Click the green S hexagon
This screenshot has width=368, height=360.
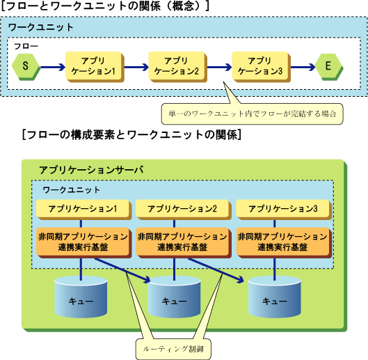[26, 67]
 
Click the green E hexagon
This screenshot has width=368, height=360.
[329, 67]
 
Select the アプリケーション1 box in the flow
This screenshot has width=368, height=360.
[95, 67]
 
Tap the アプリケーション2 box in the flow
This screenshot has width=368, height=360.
[177, 67]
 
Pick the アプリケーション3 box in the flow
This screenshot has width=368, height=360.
[261, 67]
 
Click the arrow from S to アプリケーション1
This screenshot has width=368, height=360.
[53, 68]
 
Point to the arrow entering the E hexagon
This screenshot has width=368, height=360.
[303, 68]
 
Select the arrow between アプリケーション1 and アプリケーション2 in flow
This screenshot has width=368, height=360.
[136, 68]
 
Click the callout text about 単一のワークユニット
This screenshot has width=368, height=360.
[253, 114]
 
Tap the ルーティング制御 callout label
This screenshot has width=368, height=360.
[173, 349]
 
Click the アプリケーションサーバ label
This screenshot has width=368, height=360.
[91, 170]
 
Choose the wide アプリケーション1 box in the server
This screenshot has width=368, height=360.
[83, 210]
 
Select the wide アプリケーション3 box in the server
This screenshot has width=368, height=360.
[284, 210]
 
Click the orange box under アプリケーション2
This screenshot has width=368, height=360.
[184, 242]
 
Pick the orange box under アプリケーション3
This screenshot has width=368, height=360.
[284, 242]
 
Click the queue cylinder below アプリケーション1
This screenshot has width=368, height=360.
[81, 297]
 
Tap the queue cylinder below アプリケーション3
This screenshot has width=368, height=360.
[275, 297]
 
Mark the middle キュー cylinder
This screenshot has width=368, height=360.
[174, 297]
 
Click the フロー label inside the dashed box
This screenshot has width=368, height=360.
[26, 46]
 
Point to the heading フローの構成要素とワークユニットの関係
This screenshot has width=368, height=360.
[132, 135]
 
